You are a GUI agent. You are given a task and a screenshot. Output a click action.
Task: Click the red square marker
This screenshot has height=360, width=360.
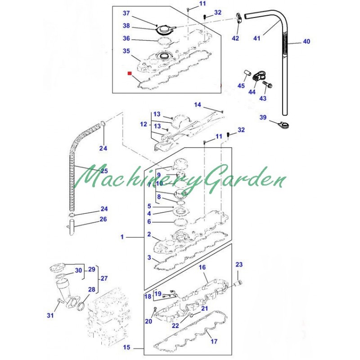[x=130, y=73]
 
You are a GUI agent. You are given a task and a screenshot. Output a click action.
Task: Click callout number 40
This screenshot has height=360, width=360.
[x=306, y=41]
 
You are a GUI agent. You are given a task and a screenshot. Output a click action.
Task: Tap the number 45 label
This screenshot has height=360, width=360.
[x=241, y=85]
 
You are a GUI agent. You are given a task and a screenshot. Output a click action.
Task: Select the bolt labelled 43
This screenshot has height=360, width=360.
[x=267, y=85]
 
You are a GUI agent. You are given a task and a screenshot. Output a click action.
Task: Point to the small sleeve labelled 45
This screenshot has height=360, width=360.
[x=247, y=73]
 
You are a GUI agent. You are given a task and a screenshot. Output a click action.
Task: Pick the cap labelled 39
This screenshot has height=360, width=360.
[x=284, y=126]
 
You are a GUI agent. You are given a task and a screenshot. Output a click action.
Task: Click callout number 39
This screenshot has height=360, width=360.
[x=263, y=117]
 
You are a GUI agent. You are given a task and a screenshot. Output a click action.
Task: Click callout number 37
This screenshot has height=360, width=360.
[x=126, y=13]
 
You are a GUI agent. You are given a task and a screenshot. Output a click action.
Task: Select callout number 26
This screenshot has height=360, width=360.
[x=103, y=219]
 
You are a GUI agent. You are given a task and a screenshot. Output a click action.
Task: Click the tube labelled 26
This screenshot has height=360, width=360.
[x=72, y=227]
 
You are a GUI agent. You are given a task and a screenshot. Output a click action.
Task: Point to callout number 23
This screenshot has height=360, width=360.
[x=239, y=265]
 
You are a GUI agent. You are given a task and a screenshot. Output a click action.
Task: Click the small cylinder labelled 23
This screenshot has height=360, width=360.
[x=238, y=283]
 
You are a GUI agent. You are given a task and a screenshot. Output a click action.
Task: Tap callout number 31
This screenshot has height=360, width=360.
[x=50, y=315]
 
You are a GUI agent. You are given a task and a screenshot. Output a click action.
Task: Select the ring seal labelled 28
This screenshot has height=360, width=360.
[x=81, y=306]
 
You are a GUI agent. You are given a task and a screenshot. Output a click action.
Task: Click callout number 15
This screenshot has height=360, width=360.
[x=126, y=347]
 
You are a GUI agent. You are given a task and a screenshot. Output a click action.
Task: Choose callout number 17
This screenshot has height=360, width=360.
[x=214, y=342]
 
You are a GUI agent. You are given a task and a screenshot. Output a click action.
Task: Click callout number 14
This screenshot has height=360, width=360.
[x=198, y=105]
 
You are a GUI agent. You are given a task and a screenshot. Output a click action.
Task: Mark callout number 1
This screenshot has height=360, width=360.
[x=122, y=237]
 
